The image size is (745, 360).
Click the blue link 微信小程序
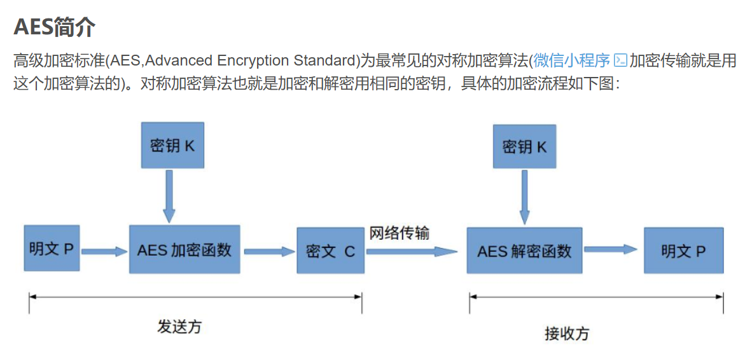(572, 61)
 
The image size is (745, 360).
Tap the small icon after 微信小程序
(620, 61)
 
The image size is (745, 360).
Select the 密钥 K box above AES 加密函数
(172, 146)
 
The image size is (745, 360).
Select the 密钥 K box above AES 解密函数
(524, 147)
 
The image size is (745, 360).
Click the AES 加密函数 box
(185, 249)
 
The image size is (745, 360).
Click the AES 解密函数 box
(524, 251)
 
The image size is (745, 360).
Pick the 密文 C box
(330, 251)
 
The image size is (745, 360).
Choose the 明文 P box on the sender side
(52, 248)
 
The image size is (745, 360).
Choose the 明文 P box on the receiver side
(683, 251)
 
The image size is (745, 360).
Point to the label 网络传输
(400, 233)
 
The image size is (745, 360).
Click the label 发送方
(179, 326)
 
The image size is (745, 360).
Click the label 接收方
(567, 333)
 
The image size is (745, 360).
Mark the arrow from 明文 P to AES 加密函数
(104, 251)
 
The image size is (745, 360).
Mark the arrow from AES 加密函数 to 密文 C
(268, 251)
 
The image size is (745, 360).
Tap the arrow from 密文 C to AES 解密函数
(412, 251)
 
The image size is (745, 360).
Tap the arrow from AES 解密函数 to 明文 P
(611, 249)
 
